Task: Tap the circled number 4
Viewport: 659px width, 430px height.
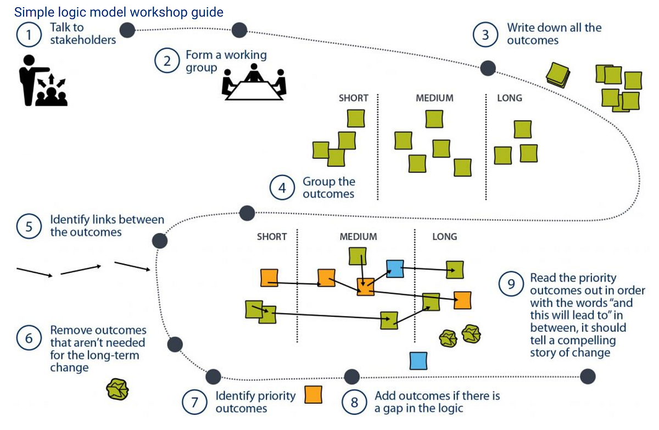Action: point(282,188)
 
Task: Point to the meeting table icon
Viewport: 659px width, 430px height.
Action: point(254,83)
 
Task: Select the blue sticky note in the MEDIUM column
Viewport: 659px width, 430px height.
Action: point(394,268)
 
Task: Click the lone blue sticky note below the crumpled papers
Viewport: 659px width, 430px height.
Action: point(418,360)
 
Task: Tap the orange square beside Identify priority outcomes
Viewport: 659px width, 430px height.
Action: point(313,394)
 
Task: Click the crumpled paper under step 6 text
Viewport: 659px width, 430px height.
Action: point(118,389)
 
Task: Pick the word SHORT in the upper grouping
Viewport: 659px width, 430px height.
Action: point(353,98)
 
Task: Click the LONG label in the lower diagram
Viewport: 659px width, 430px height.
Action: point(444,237)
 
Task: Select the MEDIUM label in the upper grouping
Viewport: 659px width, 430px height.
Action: point(434,98)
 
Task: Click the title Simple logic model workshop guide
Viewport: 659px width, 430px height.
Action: point(119,12)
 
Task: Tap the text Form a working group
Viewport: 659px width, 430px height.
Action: point(225,62)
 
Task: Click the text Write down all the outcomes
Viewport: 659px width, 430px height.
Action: point(554,34)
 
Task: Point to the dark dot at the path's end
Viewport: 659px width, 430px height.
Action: point(588,376)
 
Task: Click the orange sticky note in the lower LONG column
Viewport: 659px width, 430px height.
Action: point(462,300)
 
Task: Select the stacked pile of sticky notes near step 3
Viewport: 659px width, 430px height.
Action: point(559,74)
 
